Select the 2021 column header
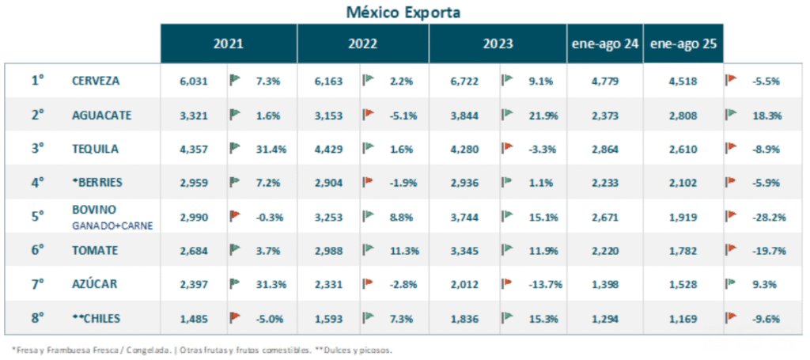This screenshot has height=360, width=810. pos(228,44)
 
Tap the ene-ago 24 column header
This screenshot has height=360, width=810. pos(605,44)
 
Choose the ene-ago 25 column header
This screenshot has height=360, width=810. pos(683,44)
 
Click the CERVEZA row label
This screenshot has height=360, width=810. pos(95,80)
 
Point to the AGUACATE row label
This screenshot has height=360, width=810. pos(100,115)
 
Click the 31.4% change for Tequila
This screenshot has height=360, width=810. pos(271,148)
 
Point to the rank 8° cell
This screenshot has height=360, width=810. pos(37,317)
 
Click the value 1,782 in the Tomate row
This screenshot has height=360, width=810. pos(683,251)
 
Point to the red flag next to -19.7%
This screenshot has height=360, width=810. pos(732,250)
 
